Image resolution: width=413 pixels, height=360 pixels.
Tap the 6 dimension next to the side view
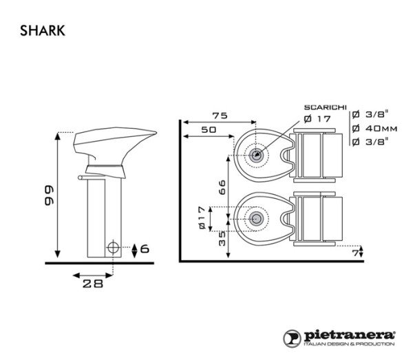coord(144,248)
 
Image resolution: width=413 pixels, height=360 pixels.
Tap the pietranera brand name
coord(349,333)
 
